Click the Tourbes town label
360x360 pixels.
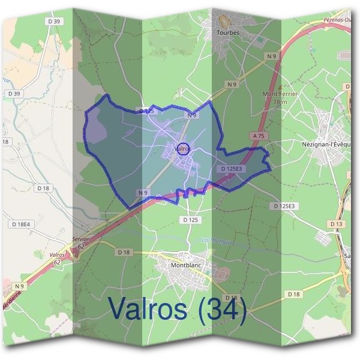227,32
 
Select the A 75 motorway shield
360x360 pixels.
259,137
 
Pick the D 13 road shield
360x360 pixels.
336,224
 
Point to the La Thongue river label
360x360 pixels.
217,241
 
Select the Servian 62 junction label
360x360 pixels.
80,242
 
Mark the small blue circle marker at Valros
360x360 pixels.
184,148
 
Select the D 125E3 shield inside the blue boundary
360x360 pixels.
231,169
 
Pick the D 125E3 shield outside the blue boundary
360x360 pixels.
284,206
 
